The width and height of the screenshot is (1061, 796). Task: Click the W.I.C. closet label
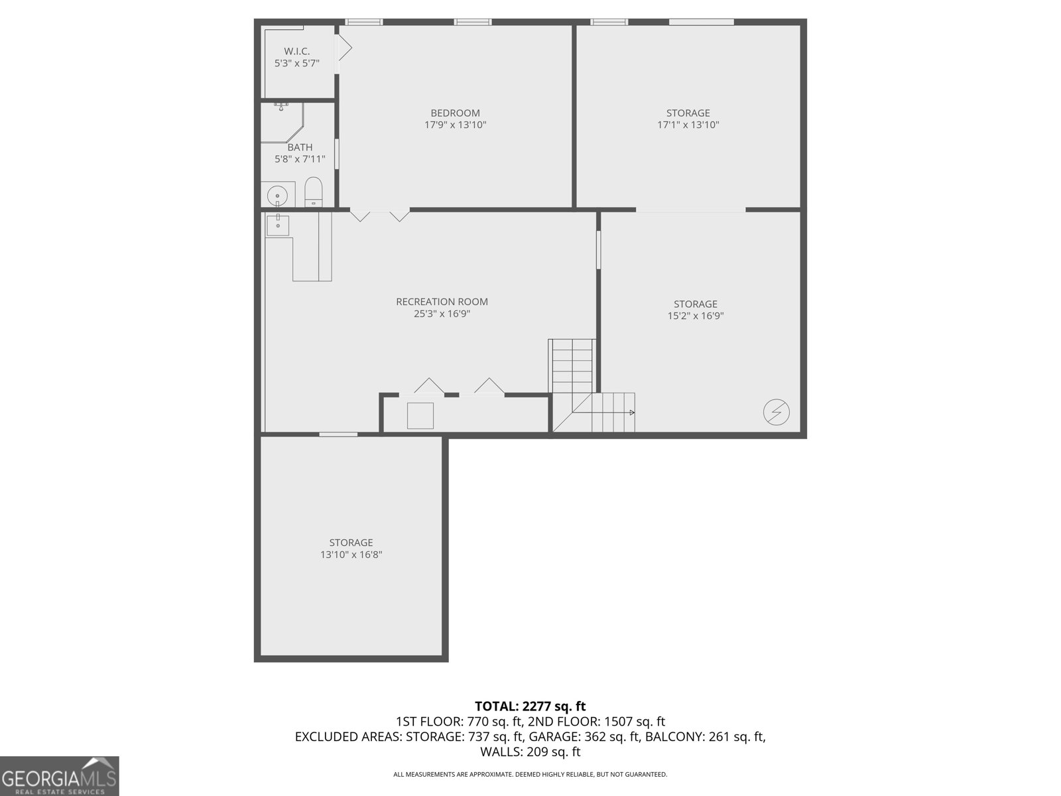tap(297, 51)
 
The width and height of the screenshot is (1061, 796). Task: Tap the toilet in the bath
tap(313, 192)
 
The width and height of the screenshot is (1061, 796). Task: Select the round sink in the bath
tap(277, 196)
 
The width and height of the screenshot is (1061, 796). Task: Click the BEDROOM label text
tap(456, 113)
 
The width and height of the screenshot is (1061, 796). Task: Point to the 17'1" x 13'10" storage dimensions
tap(688, 125)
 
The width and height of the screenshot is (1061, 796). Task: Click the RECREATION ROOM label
tap(442, 302)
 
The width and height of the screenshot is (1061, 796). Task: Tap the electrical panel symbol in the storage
tap(777, 412)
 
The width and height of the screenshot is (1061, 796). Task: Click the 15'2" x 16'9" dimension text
tap(696, 316)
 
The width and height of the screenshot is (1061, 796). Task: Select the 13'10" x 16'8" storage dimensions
tap(351, 555)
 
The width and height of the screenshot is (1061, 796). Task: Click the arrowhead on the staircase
tap(632, 413)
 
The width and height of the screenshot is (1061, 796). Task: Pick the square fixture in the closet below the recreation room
tap(420, 416)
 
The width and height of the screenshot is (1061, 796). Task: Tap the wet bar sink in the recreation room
tap(277, 226)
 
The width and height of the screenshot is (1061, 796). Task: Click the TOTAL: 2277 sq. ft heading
tap(530, 706)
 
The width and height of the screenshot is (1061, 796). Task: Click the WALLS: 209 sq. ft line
tap(530, 752)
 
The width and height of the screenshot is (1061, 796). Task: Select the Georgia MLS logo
tap(60, 776)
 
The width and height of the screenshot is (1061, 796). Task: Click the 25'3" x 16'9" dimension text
tap(442, 314)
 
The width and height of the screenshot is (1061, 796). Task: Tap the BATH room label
tap(300, 147)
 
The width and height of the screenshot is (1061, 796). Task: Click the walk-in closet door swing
tap(344, 48)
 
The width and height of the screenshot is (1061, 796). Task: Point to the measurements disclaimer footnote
tap(530, 774)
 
